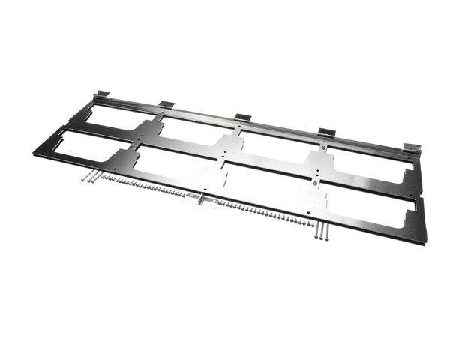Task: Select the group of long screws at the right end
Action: tap(322, 232)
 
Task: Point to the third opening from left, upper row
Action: tap(277, 145)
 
